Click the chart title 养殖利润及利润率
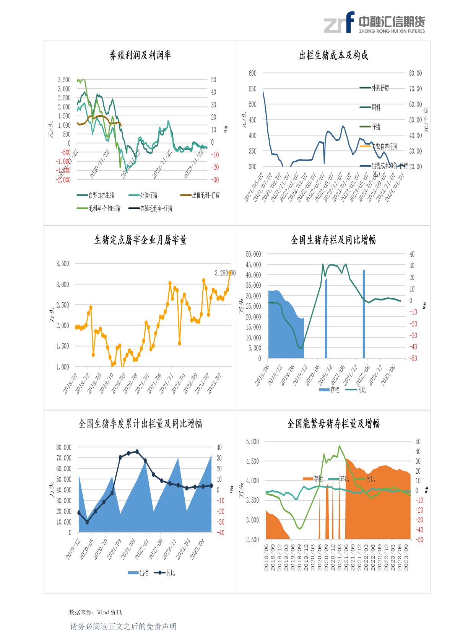click(140, 55)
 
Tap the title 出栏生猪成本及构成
click(333, 55)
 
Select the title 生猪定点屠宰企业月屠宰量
click(140, 240)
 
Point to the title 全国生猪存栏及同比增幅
click(333, 240)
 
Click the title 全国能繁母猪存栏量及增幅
click(333, 424)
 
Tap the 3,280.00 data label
click(225, 273)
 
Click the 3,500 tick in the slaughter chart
click(63, 264)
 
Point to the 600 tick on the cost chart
click(252, 73)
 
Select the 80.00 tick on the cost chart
click(415, 73)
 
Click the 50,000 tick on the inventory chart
click(253, 254)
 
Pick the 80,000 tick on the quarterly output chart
click(63, 447)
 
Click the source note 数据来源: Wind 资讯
click(95, 612)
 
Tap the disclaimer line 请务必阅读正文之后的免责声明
click(123, 626)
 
